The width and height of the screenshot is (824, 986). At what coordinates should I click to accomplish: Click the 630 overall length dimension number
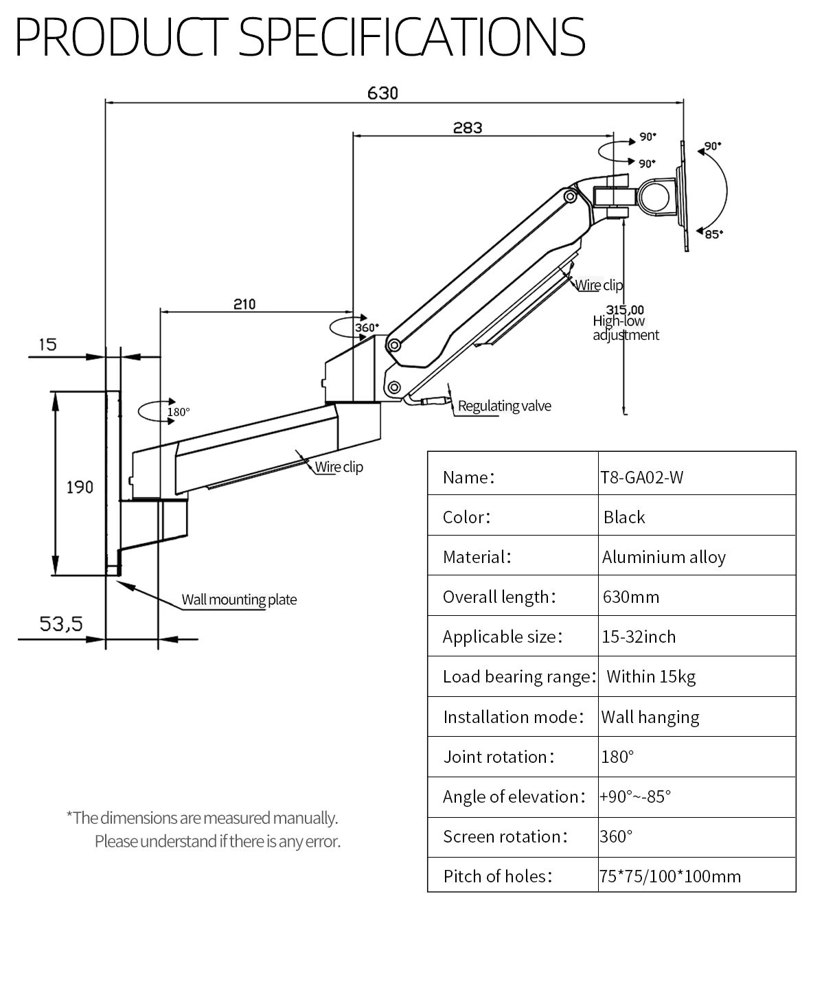[382, 93]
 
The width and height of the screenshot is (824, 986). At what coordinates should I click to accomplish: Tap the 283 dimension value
[468, 128]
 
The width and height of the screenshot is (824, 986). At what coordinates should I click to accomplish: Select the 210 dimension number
[244, 303]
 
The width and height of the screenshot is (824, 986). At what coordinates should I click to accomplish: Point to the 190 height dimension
[80, 487]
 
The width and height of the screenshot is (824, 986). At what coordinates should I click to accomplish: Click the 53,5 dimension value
[61, 624]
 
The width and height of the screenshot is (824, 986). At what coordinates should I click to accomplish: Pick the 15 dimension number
[47, 344]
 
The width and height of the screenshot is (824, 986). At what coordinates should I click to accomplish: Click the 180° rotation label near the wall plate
[179, 412]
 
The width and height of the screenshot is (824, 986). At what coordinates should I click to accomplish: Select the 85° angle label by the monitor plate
[713, 234]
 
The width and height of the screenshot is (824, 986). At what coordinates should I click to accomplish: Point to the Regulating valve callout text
[505, 406]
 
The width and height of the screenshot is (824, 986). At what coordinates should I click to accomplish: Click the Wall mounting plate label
[239, 599]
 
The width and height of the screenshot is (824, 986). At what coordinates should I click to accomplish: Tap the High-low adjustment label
[626, 328]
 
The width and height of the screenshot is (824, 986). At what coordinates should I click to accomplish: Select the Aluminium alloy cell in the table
[664, 557]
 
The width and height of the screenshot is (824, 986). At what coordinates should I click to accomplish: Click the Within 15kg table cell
[651, 677]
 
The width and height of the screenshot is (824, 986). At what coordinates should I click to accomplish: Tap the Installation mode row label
[514, 717]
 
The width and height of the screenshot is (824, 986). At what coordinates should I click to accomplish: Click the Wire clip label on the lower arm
[339, 467]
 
